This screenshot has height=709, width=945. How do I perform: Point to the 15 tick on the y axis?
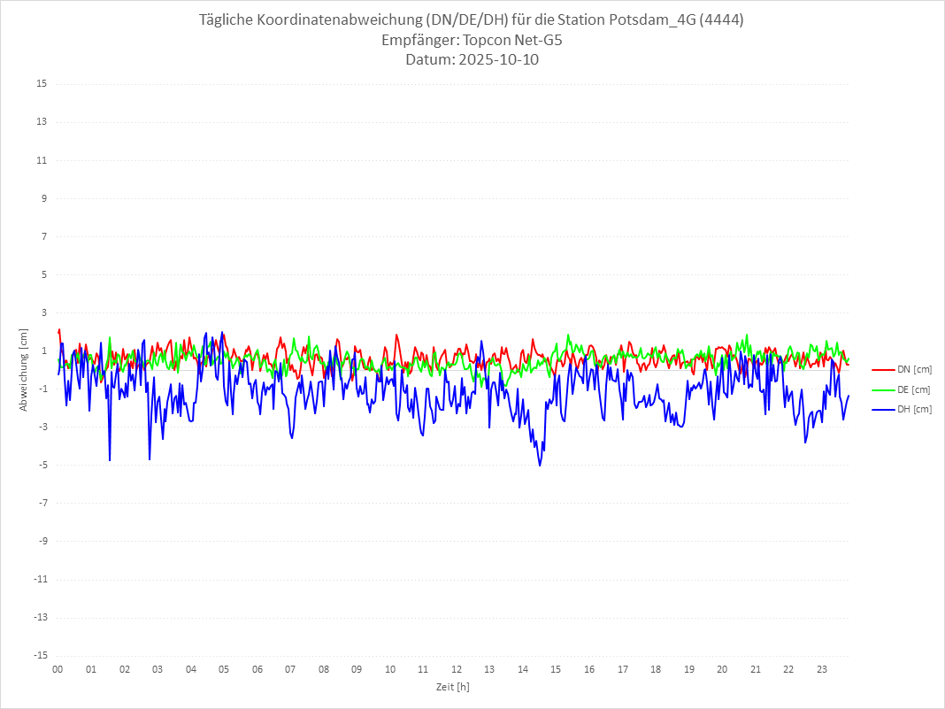pyautogui.click(x=42, y=84)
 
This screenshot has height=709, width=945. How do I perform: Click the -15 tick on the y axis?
pyautogui.click(x=40, y=655)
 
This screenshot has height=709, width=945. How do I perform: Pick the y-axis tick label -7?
pyautogui.click(x=42, y=503)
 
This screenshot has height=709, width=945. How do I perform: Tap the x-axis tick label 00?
pyautogui.click(x=58, y=669)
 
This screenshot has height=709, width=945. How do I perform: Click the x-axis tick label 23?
pyautogui.click(x=822, y=669)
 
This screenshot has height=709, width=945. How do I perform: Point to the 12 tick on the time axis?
pyautogui.click(x=457, y=669)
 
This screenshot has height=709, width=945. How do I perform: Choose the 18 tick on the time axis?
pyautogui.click(x=656, y=669)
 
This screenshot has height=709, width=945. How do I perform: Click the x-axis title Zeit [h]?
pyautogui.click(x=452, y=687)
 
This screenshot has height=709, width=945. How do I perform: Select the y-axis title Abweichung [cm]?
pyautogui.click(x=24, y=369)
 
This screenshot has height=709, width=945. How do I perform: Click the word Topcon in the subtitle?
pyautogui.click(x=485, y=41)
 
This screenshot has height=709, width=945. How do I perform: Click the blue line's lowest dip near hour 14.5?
pyautogui.click(x=540, y=466)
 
